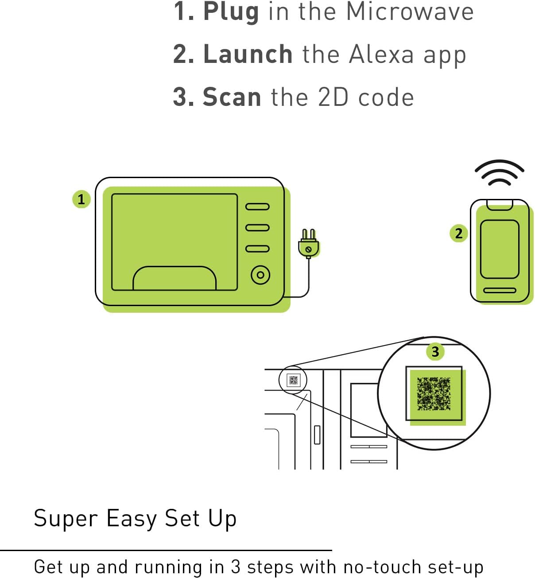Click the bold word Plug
(231, 12)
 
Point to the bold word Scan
(232, 97)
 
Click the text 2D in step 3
(333, 97)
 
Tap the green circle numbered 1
(81, 199)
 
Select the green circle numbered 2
(459, 233)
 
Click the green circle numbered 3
(435, 352)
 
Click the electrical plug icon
(308, 244)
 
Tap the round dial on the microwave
(260, 275)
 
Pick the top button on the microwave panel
(257, 207)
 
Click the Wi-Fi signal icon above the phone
(500, 173)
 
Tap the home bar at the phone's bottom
(500, 290)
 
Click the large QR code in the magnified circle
(434, 393)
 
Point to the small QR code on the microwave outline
(294, 380)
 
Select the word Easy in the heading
(132, 519)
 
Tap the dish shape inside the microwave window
(174, 278)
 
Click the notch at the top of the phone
(500, 205)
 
